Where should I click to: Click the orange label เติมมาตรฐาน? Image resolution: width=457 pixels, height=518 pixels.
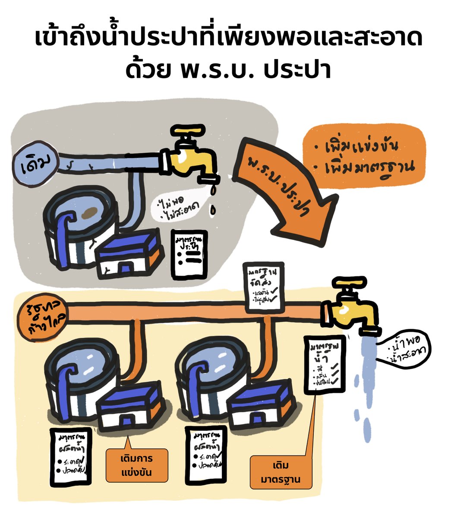click(281, 473)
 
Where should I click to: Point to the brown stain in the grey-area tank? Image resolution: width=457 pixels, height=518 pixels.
click(89, 213)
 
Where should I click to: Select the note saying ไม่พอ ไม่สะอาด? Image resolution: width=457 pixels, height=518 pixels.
click(181, 205)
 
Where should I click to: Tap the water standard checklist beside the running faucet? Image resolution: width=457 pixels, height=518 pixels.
click(324, 365)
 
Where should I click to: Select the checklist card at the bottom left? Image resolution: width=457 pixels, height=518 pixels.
click(71, 457)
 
